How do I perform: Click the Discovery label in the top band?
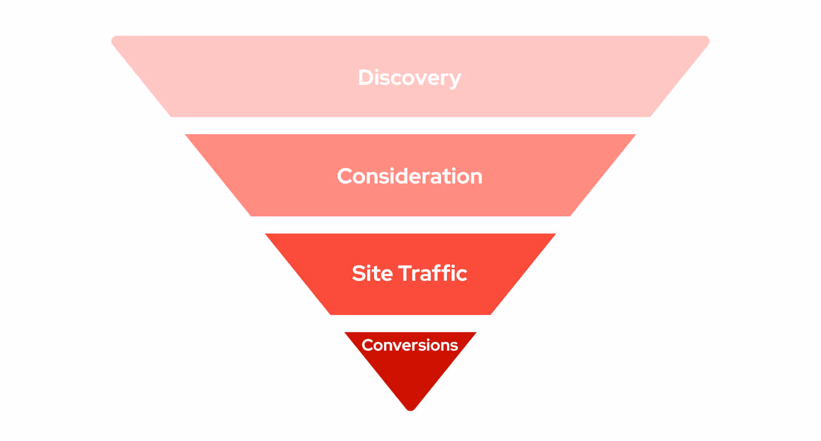coord(409,78)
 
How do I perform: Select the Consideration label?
coord(409,176)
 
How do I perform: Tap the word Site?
coord(372,273)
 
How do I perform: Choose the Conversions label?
coord(410,345)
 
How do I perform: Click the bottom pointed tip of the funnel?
coord(410,409)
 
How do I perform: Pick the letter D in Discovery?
coord(366,78)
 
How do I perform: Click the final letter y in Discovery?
coord(455,79)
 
